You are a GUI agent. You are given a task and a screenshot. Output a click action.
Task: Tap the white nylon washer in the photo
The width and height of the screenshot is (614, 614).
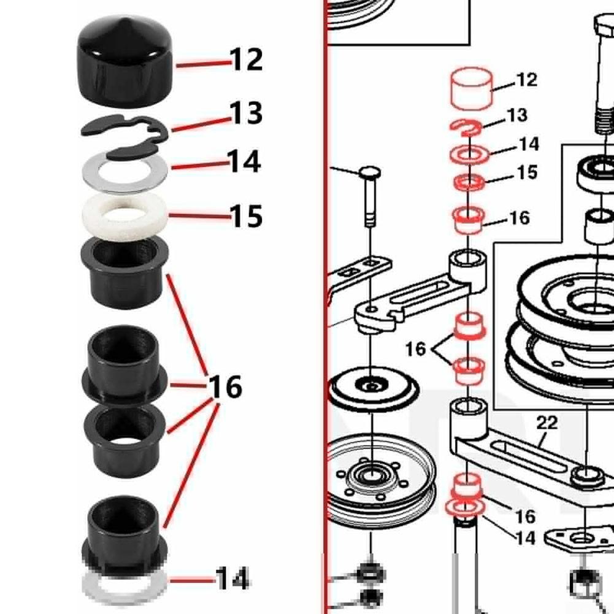(125, 216)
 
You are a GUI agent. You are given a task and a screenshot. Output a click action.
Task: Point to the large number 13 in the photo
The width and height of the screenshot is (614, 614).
(246, 113)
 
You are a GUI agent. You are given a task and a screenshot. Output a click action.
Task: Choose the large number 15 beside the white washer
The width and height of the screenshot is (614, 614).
(246, 216)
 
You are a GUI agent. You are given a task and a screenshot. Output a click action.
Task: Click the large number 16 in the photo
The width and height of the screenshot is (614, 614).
(226, 386)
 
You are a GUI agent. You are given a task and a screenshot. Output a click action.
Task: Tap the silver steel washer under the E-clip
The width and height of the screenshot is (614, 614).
(125, 172)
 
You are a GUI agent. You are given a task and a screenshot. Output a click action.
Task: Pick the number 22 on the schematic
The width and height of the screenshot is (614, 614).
(547, 423)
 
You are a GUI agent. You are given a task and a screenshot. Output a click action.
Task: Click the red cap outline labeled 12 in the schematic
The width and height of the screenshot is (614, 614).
(472, 89)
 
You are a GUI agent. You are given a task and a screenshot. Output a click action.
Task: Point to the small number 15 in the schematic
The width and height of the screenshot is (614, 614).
(527, 172)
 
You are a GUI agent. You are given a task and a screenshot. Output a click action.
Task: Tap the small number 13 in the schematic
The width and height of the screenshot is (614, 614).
(517, 115)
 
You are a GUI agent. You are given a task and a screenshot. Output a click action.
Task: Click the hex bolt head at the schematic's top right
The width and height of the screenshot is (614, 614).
(604, 26)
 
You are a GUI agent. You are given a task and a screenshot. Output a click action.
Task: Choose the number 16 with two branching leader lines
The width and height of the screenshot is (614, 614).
(415, 348)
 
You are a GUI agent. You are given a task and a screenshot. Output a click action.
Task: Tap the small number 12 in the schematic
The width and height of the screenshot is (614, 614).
(527, 80)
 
